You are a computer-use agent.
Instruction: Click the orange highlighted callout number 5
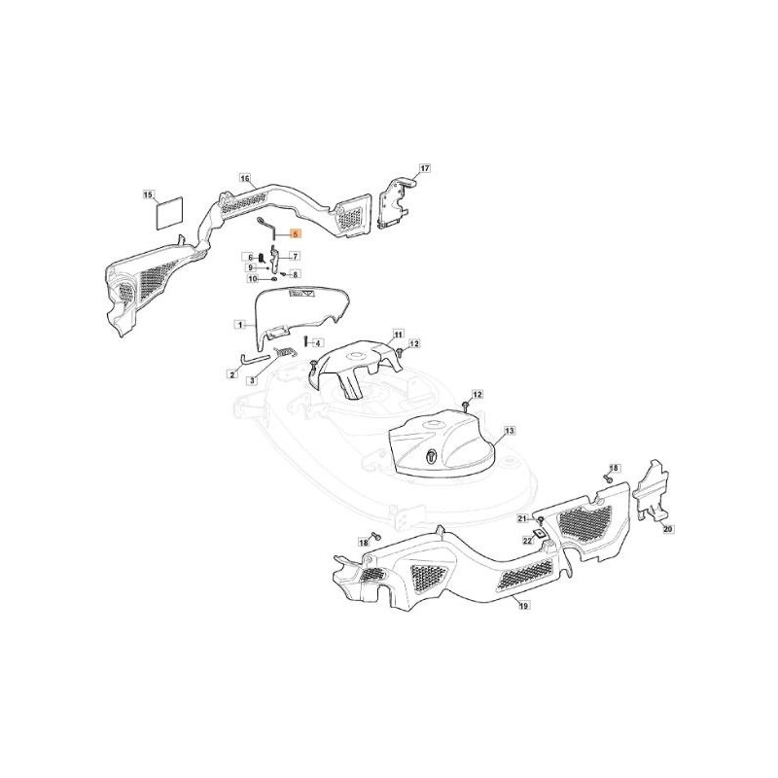click(296, 235)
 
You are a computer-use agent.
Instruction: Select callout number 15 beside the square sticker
click(149, 195)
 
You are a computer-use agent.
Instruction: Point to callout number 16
click(244, 178)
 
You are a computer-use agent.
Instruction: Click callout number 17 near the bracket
click(424, 168)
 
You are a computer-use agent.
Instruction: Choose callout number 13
click(509, 430)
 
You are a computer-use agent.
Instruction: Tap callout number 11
click(398, 334)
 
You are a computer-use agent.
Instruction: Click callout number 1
click(238, 323)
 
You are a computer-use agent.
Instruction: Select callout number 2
click(233, 373)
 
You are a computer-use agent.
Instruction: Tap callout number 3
click(251, 381)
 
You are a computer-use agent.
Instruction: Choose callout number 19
click(522, 605)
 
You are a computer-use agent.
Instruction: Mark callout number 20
click(667, 530)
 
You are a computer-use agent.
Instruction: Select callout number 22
click(527, 540)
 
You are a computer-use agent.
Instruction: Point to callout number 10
click(252, 278)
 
